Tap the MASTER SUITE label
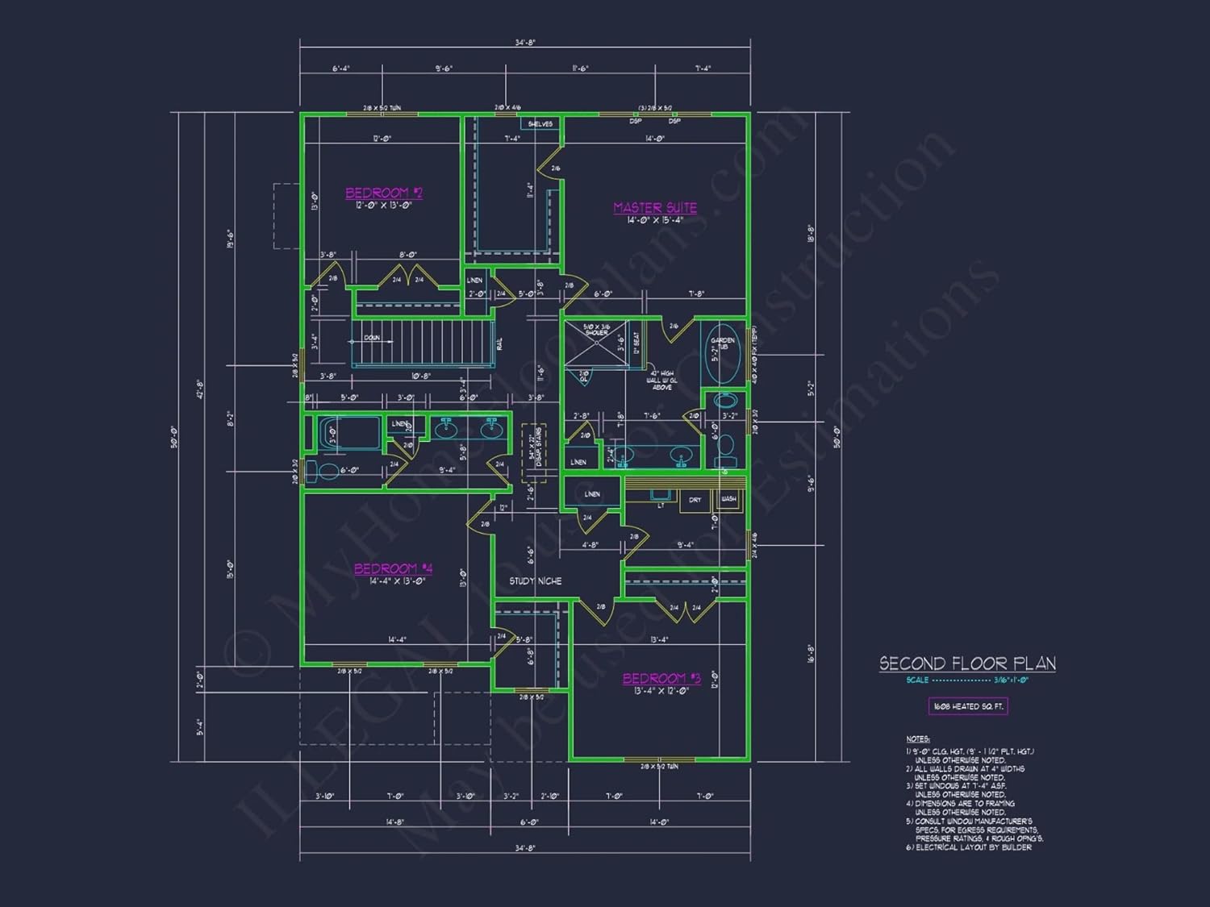point(655,207)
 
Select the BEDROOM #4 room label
point(394,568)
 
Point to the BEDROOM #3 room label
point(661,678)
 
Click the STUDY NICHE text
point(536,580)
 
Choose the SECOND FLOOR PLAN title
point(967,664)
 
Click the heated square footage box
point(968,706)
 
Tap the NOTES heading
point(917,738)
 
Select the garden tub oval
point(722,360)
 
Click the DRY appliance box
point(695,501)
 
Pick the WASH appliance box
point(728,500)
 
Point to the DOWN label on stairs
point(372,338)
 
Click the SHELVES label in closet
point(540,123)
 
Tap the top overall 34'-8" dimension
point(525,43)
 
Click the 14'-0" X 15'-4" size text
point(655,220)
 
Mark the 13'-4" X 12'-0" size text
point(661,691)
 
